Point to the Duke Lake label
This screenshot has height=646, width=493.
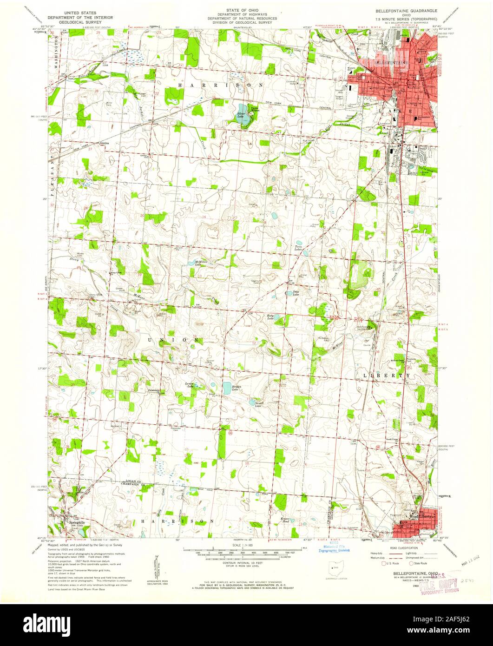tap(296, 293)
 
